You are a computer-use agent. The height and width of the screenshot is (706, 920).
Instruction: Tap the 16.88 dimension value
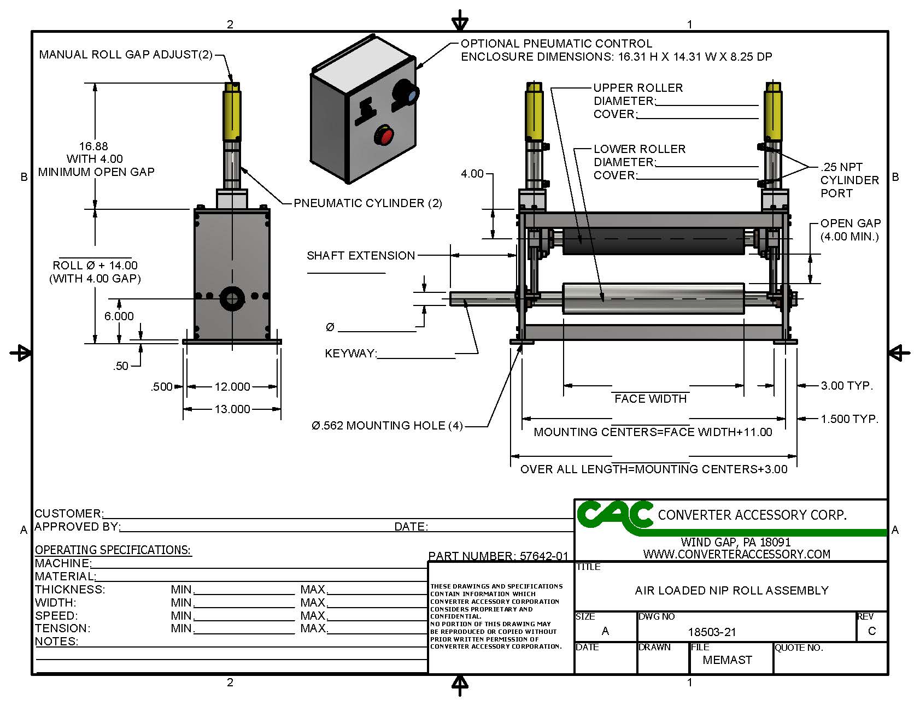click(93, 146)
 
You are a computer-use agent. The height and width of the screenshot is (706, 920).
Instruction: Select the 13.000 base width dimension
click(232, 409)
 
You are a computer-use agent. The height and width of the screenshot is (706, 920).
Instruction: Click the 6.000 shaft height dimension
click(119, 316)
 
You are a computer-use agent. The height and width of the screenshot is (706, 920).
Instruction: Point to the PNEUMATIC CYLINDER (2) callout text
click(368, 203)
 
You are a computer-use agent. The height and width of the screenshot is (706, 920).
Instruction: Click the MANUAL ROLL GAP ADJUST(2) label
click(126, 55)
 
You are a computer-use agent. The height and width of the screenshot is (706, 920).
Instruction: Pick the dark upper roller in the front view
click(653, 241)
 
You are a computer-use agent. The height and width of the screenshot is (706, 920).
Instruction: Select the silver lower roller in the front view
click(653, 298)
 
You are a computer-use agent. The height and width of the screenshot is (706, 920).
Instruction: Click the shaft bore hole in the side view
click(232, 298)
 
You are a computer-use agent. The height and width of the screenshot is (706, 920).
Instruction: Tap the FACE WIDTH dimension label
click(651, 399)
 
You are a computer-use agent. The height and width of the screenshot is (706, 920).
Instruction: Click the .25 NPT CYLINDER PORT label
click(849, 180)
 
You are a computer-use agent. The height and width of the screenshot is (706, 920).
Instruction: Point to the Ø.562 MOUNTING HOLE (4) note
click(387, 426)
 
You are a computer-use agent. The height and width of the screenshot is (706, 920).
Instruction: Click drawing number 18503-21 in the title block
click(712, 632)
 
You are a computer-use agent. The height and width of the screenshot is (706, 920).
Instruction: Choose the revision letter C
click(871, 631)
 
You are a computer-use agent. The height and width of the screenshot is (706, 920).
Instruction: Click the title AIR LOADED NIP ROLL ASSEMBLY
click(731, 591)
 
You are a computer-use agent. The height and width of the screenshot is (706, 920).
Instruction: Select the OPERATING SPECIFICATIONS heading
click(113, 550)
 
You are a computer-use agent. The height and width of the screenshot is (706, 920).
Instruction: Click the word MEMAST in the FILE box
click(727, 660)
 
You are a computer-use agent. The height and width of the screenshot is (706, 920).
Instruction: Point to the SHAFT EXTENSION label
click(361, 256)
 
